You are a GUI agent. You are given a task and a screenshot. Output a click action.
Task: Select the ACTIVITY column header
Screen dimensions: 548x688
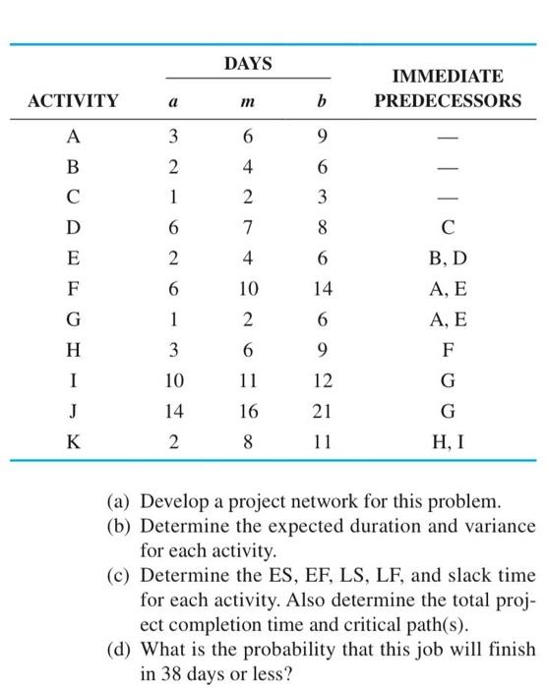[74, 100]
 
